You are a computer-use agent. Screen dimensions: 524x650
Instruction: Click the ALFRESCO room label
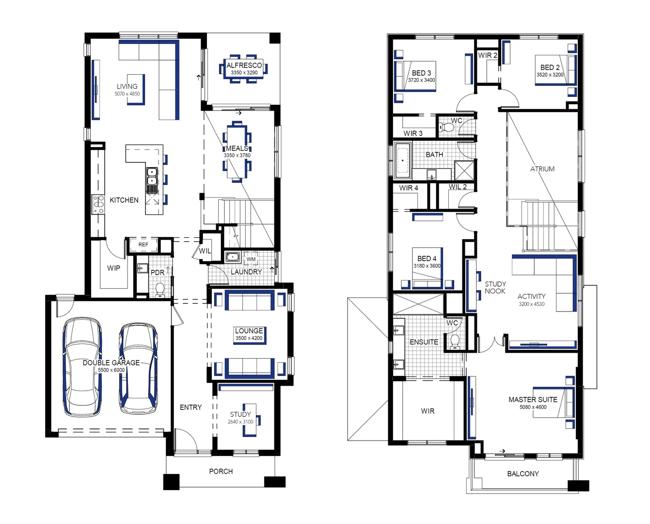pyautogui.click(x=244, y=65)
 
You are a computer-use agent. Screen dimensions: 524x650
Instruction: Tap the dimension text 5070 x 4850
pyautogui.click(x=127, y=94)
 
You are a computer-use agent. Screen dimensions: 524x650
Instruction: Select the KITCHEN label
pyautogui.click(x=124, y=200)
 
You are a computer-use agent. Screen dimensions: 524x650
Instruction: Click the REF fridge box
pyautogui.click(x=143, y=245)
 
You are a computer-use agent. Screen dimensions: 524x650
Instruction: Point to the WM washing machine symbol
pyautogui.click(x=251, y=259)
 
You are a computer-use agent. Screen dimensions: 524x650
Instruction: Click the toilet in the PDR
pyautogui.click(x=159, y=290)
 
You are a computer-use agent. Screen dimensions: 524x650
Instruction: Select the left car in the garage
pyautogui.click(x=82, y=366)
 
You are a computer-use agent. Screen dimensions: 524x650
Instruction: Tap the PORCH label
pyautogui.click(x=221, y=471)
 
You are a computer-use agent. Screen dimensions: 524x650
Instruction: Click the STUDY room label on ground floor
pyautogui.click(x=240, y=414)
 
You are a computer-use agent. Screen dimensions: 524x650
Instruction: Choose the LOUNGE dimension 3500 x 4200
pyautogui.click(x=249, y=338)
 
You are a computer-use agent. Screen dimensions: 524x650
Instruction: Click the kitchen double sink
pyautogui.click(x=152, y=178)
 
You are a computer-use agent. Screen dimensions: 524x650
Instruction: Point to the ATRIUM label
pyautogui.click(x=542, y=169)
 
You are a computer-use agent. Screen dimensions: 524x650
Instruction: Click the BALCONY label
pyautogui.click(x=523, y=474)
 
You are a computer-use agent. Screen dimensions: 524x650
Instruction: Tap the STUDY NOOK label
pyautogui.click(x=495, y=287)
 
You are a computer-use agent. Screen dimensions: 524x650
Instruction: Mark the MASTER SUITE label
pyautogui.click(x=533, y=399)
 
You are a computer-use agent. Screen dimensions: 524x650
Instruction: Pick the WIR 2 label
pyautogui.click(x=487, y=55)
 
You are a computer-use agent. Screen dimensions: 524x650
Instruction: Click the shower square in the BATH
pyautogui.click(x=463, y=170)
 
